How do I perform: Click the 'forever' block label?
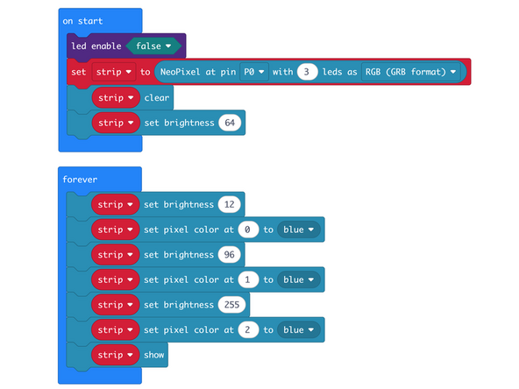(80, 179)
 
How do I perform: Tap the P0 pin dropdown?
(254, 72)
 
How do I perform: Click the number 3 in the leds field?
(306, 72)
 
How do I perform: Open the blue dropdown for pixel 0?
(298, 230)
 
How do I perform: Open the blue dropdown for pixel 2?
(298, 330)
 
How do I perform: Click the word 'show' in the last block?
(154, 355)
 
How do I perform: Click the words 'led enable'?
(96, 46)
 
